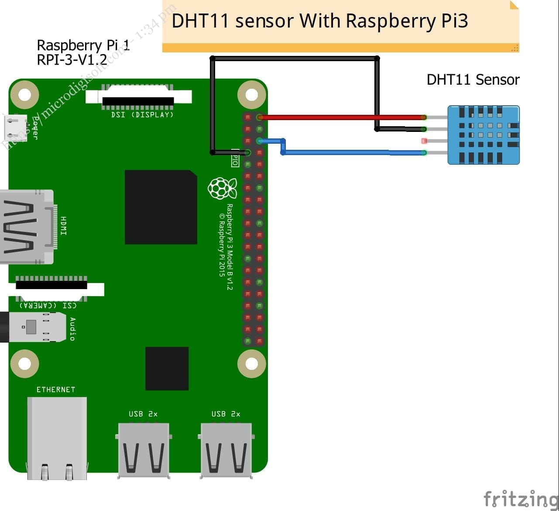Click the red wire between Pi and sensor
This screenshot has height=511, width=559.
(340, 117)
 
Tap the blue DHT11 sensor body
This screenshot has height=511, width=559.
(484, 135)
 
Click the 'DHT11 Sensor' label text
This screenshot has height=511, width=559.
(473, 80)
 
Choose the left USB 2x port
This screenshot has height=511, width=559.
(144, 450)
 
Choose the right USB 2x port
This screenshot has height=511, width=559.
(226, 450)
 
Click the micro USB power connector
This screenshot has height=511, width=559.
(15, 127)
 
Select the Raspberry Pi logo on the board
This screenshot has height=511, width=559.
(222, 188)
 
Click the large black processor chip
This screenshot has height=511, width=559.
(161, 207)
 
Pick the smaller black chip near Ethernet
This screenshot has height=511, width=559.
(167, 368)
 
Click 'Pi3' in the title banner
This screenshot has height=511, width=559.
(454, 21)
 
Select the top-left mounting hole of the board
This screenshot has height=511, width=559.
(24, 94)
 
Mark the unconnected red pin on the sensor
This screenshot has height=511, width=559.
(424, 141)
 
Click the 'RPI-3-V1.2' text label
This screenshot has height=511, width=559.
(72, 59)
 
